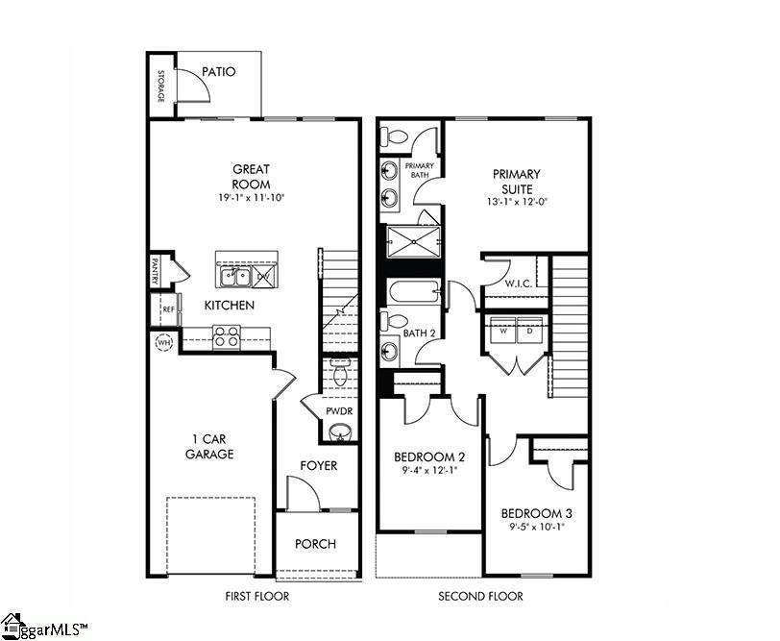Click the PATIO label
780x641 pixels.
218,72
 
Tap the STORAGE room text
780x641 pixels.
160,86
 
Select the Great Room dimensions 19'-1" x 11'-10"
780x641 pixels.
251,198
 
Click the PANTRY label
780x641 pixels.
155,270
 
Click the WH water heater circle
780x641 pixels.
163,342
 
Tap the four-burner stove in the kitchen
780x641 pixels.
227,336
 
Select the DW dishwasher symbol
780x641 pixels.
263,276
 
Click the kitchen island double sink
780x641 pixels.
235,276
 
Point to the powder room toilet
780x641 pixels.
340,372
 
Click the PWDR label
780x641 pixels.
339,411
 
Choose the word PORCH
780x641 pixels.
315,544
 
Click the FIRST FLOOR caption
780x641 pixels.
257,596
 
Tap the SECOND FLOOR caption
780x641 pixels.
480,596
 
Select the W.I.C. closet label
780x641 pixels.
519,284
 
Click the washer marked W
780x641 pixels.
503,330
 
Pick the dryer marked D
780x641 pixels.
530,330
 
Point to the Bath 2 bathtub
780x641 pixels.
414,291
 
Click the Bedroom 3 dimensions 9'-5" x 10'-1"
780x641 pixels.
536,528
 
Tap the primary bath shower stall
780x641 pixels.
414,242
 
